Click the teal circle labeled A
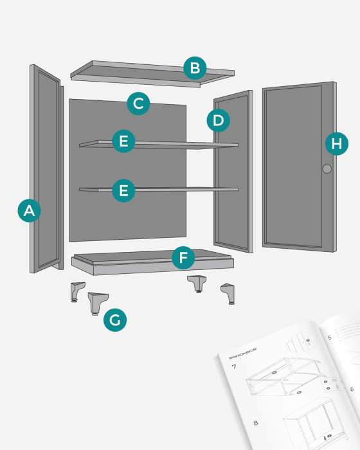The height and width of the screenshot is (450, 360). click(x=30, y=210)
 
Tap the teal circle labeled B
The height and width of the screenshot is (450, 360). click(x=195, y=68)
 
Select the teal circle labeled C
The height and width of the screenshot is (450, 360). click(x=138, y=104)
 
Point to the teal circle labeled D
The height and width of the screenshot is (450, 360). click(x=218, y=120)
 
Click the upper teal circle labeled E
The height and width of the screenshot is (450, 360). click(x=123, y=141)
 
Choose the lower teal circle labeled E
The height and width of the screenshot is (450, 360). click(x=123, y=190)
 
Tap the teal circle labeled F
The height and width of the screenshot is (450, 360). click(x=183, y=259)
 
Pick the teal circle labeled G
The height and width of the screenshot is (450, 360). click(x=115, y=320)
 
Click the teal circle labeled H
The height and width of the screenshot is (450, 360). click(x=336, y=144)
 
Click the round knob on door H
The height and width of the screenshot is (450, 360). click(x=327, y=169)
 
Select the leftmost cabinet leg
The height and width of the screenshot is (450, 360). click(x=77, y=291)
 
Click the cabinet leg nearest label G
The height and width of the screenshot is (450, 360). click(x=97, y=303)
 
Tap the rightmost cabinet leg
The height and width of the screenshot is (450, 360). click(x=228, y=294)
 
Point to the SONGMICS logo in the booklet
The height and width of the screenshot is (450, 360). click(x=243, y=352)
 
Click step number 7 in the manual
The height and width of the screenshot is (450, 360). click(x=234, y=367)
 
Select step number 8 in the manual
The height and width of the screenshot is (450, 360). click(x=256, y=422)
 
